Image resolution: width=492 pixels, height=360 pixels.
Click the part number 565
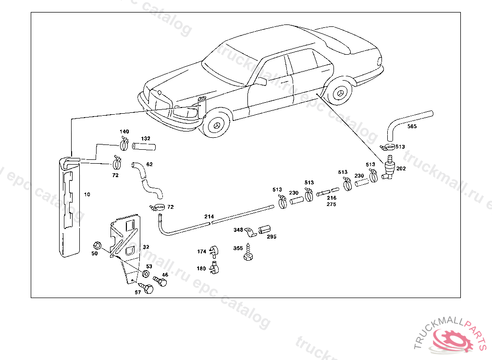pos(412,127)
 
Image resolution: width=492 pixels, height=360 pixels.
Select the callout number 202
pos(402,169)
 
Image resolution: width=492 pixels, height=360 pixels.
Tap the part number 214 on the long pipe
pos(209,217)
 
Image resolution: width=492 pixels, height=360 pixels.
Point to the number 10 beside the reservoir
pos(87,194)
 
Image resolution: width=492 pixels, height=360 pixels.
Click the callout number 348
pos(238,230)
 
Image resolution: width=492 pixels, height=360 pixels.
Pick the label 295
pos(271,237)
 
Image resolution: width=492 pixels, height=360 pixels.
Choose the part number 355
pos(238,248)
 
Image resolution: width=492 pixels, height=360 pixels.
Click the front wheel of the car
pos(215,125)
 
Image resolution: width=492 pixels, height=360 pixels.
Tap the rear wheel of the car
pos(340,92)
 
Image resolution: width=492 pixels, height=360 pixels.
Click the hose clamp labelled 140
pos(123,144)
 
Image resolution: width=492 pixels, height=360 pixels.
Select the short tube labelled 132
pos(145,146)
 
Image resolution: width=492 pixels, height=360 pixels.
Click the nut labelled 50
pos(96,245)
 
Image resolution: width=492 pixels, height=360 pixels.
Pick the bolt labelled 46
pos(160,281)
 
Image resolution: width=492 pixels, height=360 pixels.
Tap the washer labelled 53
pos(144,275)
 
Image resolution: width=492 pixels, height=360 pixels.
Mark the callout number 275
pos(331,204)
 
